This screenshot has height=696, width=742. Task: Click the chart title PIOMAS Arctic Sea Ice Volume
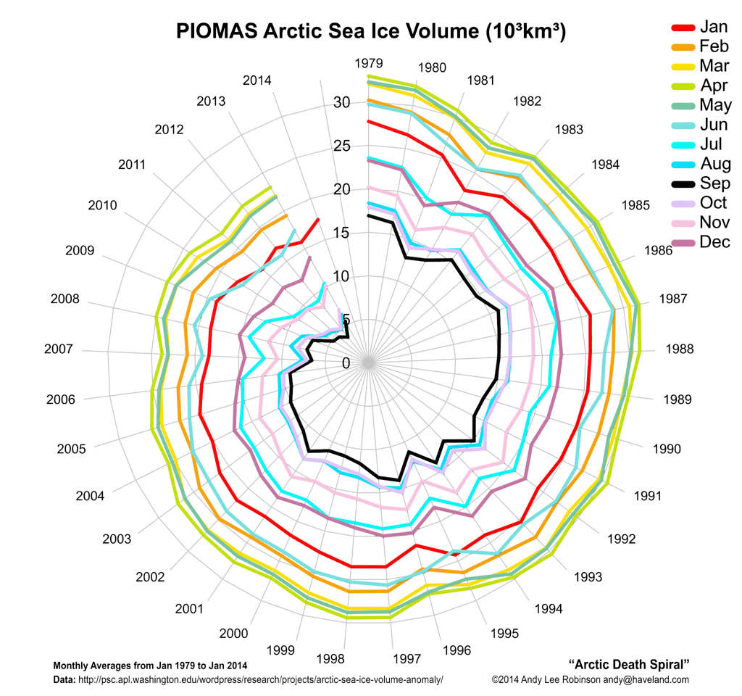pyautogui.click(x=371, y=32)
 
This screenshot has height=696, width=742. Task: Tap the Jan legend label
pyautogui.click(x=713, y=27)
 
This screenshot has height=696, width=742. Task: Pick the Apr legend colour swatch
pyautogui.click(x=683, y=86)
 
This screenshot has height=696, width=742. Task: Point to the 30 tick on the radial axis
pyautogui.click(x=341, y=102)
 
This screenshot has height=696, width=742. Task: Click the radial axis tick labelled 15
pyautogui.click(x=341, y=233)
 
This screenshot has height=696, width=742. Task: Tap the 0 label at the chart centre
pyautogui.click(x=346, y=363)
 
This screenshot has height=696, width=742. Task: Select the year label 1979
pyautogui.click(x=369, y=63)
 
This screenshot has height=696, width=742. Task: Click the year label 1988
pyautogui.click(x=679, y=349)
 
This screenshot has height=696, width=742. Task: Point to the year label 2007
pyautogui.click(x=58, y=349)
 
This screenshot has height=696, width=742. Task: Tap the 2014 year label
pyautogui.click(x=257, y=80)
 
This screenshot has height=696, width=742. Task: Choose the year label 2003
pyautogui.click(x=117, y=539)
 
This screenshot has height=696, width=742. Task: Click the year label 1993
pyautogui.click(x=588, y=577)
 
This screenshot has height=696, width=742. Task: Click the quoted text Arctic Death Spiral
pyautogui.click(x=628, y=664)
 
